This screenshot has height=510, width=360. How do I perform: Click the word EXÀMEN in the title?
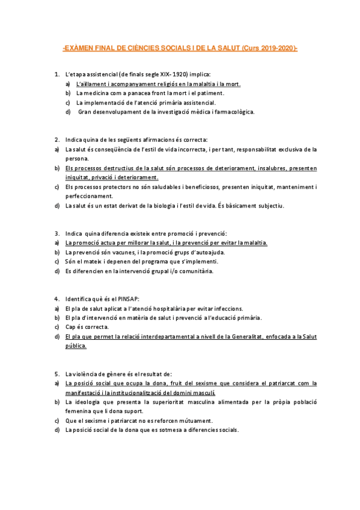click(x=81, y=48)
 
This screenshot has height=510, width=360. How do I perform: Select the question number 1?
click(x=56, y=74)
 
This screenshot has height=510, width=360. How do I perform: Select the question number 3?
click(x=56, y=233)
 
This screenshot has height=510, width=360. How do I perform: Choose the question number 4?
click(x=56, y=299)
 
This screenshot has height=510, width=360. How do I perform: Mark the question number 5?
click(x=56, y=373)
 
